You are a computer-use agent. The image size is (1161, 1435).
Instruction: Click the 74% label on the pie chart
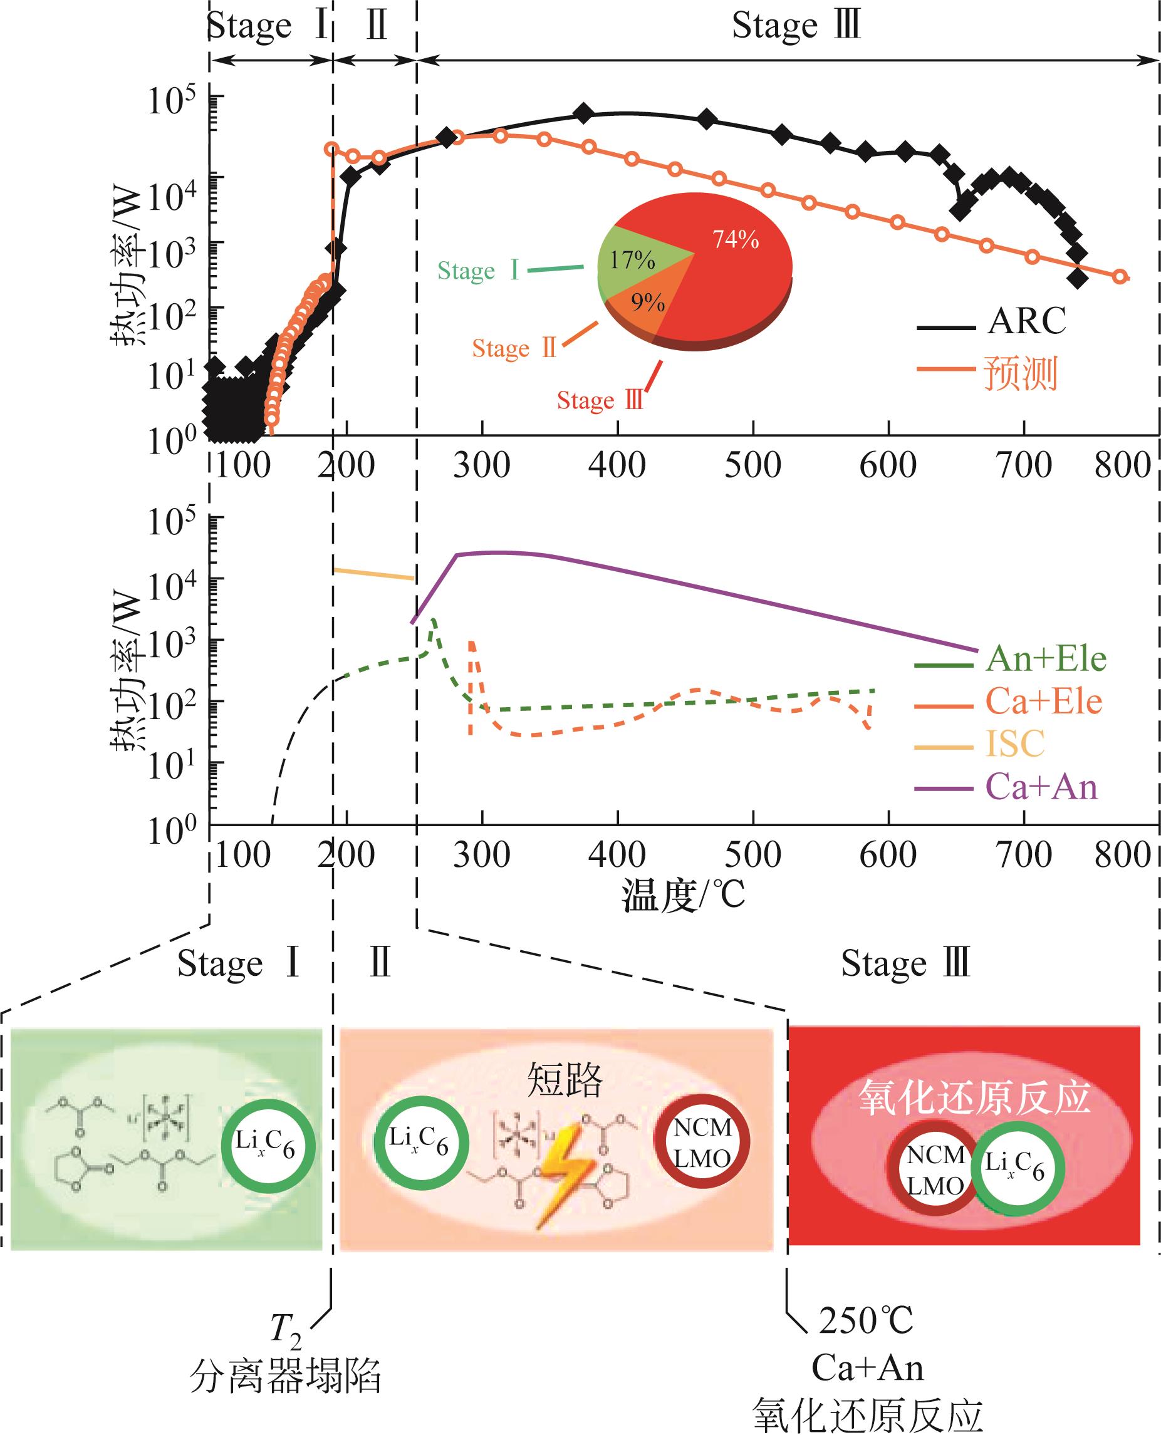pyautogui.click(x=736, y=239)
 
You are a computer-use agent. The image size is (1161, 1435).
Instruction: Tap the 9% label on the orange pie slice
pyautogui.click(x=647, y=303)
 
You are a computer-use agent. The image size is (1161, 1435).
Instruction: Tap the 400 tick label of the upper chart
pyautogui.click(x=617, y=465)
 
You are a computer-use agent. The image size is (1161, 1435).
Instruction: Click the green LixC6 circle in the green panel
pyautogui.click(x=268, y=1146)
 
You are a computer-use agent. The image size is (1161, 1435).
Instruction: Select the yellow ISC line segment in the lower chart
pyautogui.click(x=375, y=574)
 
